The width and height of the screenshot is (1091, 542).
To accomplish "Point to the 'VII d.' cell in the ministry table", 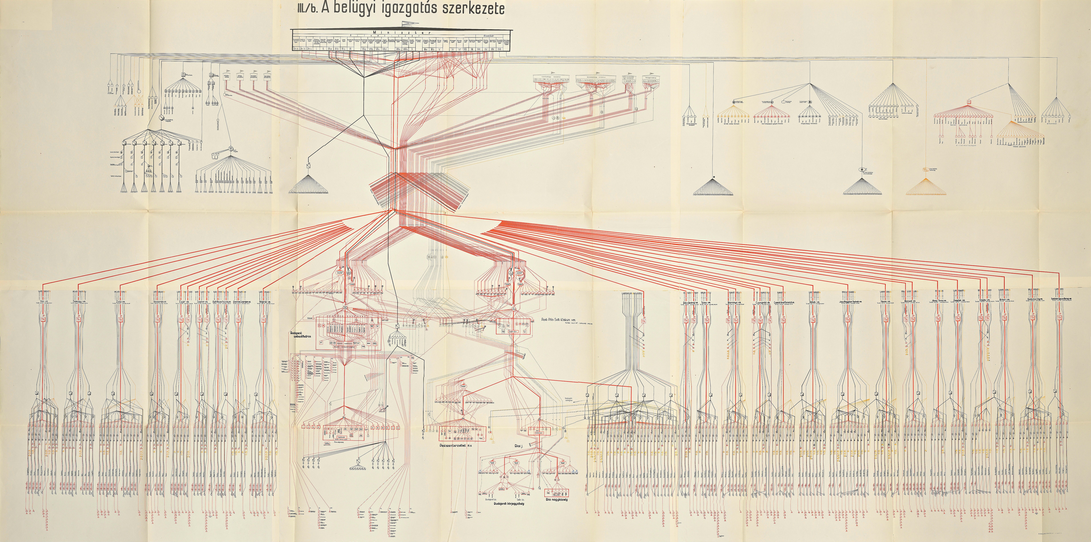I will pyautogui.click(x=385, y=49).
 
